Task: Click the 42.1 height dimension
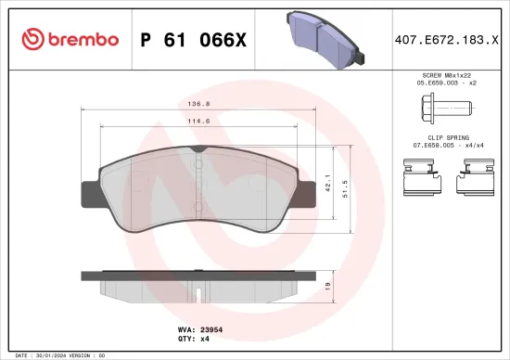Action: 328,184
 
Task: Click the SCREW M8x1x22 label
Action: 448,74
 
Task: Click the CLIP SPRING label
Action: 448,138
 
